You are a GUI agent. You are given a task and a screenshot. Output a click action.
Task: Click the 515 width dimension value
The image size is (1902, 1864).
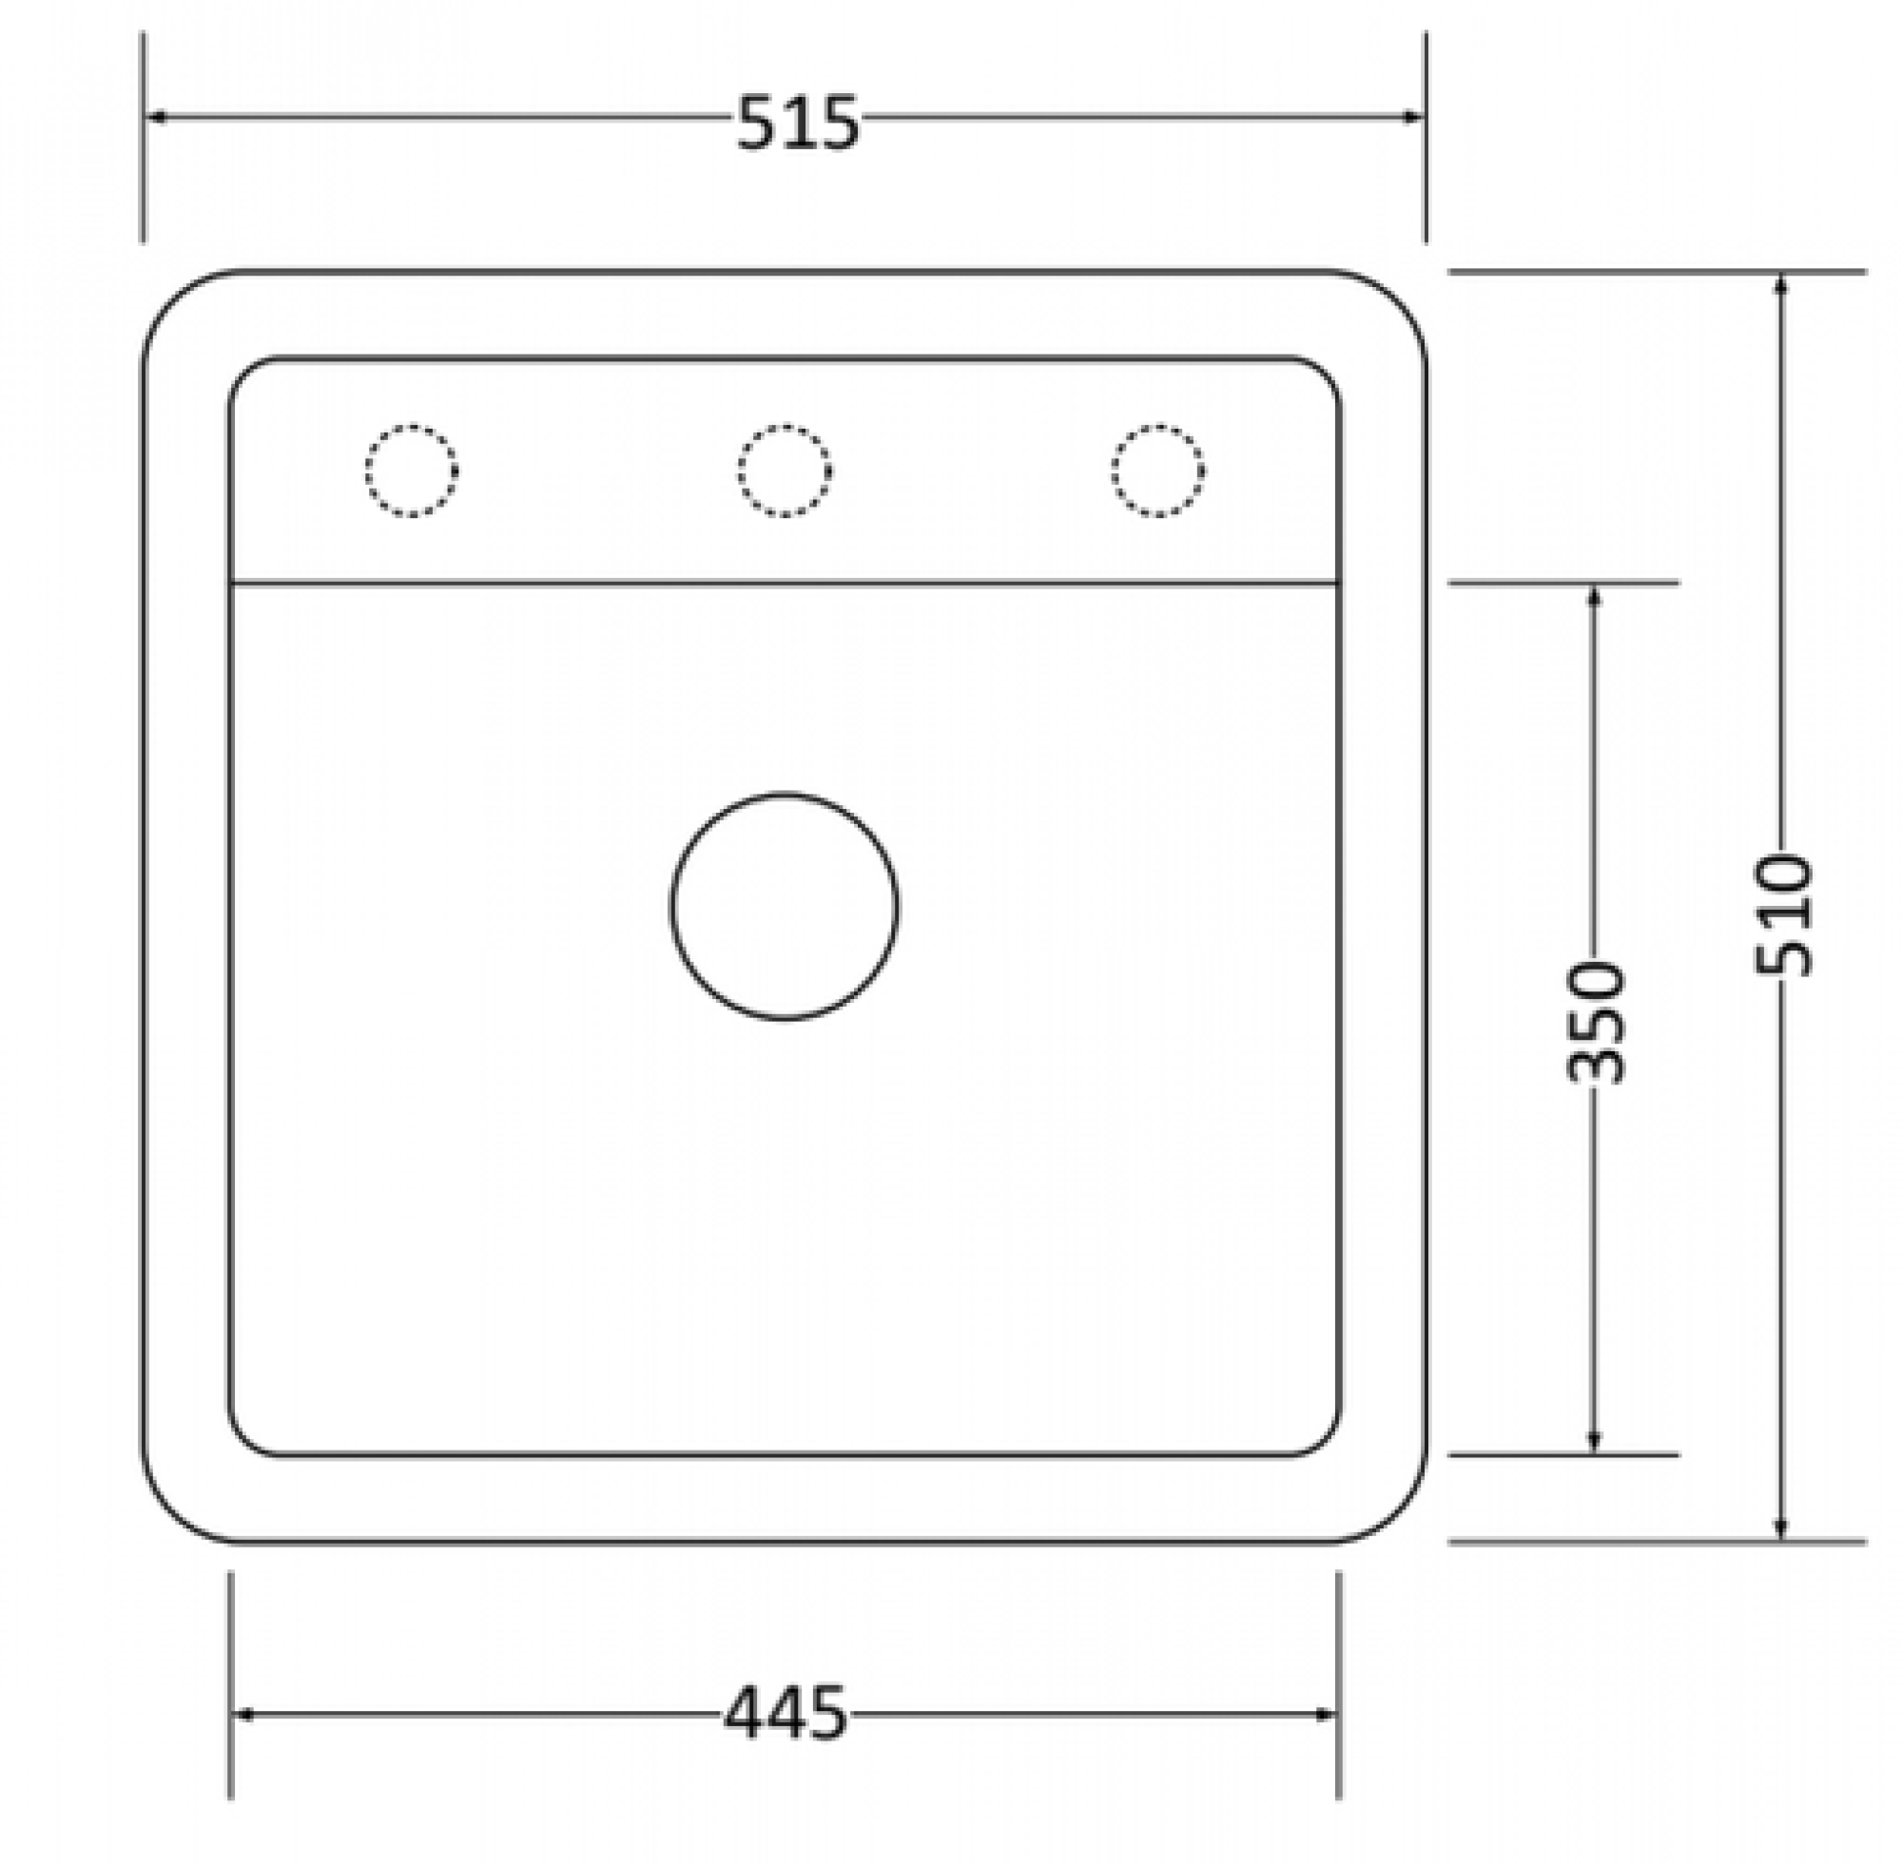(x=797, y=123)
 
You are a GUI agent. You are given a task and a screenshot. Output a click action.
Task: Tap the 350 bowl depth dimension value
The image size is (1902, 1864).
(x=1595, y=1022)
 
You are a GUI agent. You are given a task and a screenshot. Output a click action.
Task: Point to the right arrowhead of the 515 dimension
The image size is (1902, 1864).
(x=1412, y=117)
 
